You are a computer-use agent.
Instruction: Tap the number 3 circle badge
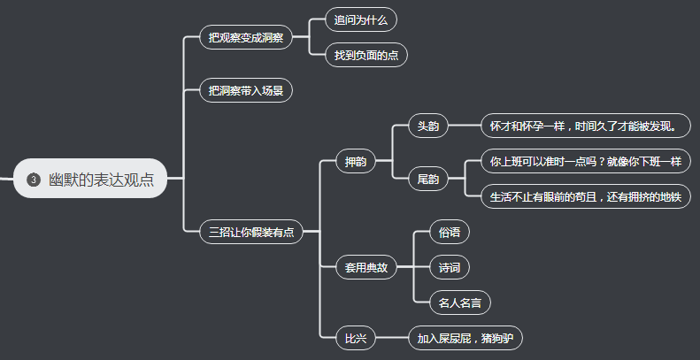pyautogui.click(x=34, y=180)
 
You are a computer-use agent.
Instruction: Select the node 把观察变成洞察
pyautogui.click(x=246, y=37)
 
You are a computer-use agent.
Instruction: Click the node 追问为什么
pyautogui.click(x=360, y=19)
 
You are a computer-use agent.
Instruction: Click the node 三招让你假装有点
pyautogui.click(x=251, y=232)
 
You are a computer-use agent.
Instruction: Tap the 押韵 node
pyautogui.click(x=356, y=162)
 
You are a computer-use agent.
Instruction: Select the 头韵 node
pyautogui.click(x=428, y=126)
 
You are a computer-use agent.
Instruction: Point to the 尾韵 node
pyautogui.click(x=428, y=180)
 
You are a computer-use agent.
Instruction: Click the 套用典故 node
pyautogui.click(x=366, y=267)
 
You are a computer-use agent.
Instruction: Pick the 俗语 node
pyautogui.click(x=449, y=233)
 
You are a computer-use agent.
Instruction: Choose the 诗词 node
pyautogui.click(x=449, y=267)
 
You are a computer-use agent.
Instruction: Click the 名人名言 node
pyautogui.click(x=460, y=303)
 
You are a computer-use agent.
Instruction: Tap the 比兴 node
pyautogui.click(x=356, y=338)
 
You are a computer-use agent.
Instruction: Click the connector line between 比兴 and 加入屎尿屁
pyautogui.click(x=392, y=338)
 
